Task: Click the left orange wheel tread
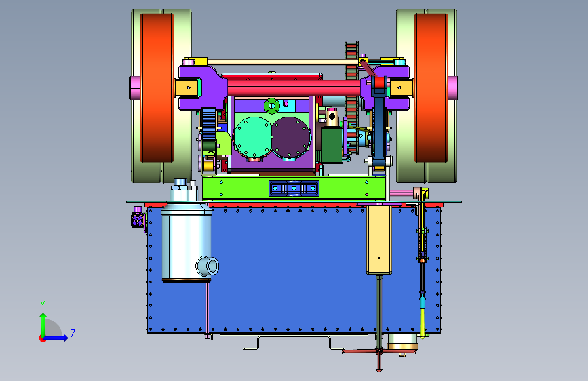click(157, 87)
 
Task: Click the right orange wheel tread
click(431, 87)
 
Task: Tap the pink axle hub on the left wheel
click(134, 88)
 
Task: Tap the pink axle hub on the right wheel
click(453, 88)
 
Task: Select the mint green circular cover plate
click(252, 137)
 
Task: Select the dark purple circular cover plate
click(291, 137)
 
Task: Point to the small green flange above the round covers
click(272, 106)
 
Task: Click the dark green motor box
click(332, 145)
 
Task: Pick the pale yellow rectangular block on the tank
click(379, 240)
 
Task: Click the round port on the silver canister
click(208, 266)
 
